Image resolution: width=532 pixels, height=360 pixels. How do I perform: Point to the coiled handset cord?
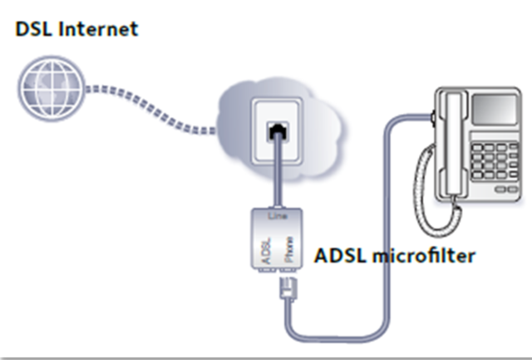pyautogui.click(x=432, y=191)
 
